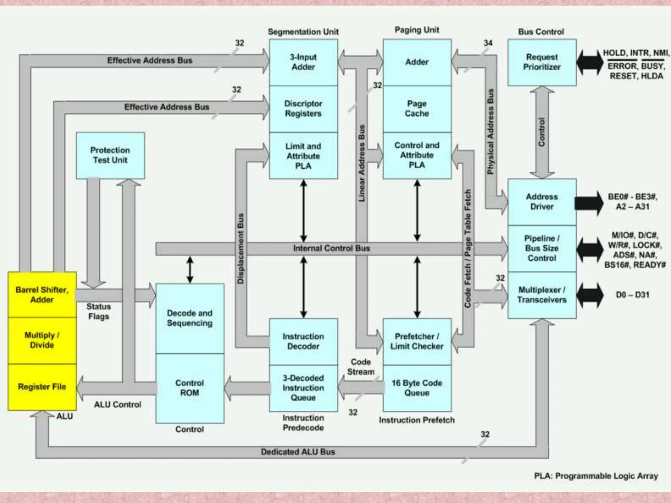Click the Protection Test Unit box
(x=110, y=155)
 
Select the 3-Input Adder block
(x=303, y=62)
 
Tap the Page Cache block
(x=417, y=109)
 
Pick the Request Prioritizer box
(x=542, y=62)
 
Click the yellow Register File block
(x=42, y=387)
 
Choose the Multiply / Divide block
(x=42, y=340)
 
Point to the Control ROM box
(x=190, y=388)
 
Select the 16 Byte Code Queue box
(x=417, y=388)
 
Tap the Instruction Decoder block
(x=303, y=341)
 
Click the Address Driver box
(x=542, y=202)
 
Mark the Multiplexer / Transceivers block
(x=542, y=295)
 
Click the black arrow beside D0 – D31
(x=590, y=295)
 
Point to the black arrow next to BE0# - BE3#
(x=589, y=203)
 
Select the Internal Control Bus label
(x=332, y=248)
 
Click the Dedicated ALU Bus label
(x=298, y=452)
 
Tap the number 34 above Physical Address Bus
(x=488, y=43)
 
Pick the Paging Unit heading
(x=417, y=30)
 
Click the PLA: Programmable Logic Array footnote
(x=596, y=476)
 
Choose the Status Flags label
(x=99, y=311)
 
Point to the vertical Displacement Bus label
(x=241, y=248)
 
